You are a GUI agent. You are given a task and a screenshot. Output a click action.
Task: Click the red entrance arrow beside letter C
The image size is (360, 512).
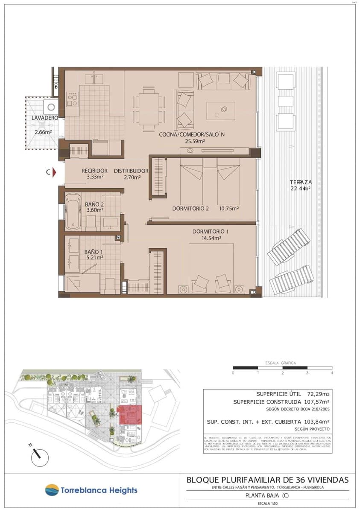pos(55,172)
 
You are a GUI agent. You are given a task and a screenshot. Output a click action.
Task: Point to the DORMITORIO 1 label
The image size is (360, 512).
pos(211,232)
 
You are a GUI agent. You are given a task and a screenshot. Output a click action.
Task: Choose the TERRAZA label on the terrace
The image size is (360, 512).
pos(301,182)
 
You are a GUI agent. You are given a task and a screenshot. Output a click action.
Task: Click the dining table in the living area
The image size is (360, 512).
pos(149,108)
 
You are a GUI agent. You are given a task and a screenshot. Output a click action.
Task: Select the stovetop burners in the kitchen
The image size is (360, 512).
pos(72,99)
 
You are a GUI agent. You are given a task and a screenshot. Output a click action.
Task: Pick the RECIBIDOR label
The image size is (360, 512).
pos(94,171)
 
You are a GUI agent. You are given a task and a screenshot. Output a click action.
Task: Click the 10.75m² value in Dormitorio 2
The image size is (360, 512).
pos(229,209)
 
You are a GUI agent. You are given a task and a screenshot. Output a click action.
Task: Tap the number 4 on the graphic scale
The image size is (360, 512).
pos(332,373)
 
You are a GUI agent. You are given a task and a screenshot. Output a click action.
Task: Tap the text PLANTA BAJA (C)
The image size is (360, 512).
pos(267,496)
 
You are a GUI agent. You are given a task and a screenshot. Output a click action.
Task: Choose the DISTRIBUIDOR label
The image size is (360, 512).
pos(131,171)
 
